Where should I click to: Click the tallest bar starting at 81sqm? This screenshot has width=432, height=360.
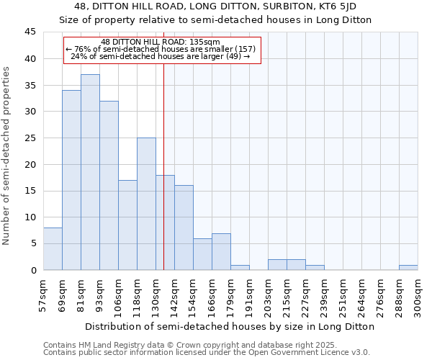point(90,172)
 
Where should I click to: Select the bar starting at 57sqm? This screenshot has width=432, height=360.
point(53,248)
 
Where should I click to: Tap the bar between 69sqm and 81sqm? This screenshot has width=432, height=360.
point(71,180)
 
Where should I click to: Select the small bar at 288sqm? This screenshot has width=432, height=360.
point(408,267)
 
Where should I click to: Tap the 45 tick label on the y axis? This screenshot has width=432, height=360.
point(30,32)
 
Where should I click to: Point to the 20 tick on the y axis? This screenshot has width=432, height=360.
point(30,164)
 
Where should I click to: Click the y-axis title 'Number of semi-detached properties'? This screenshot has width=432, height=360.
point(6,156)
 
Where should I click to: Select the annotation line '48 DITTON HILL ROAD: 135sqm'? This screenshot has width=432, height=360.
point(161,42)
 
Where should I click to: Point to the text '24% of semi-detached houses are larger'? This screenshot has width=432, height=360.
point(161,56)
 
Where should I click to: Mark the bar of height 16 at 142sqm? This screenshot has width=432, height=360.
point(184,228)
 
